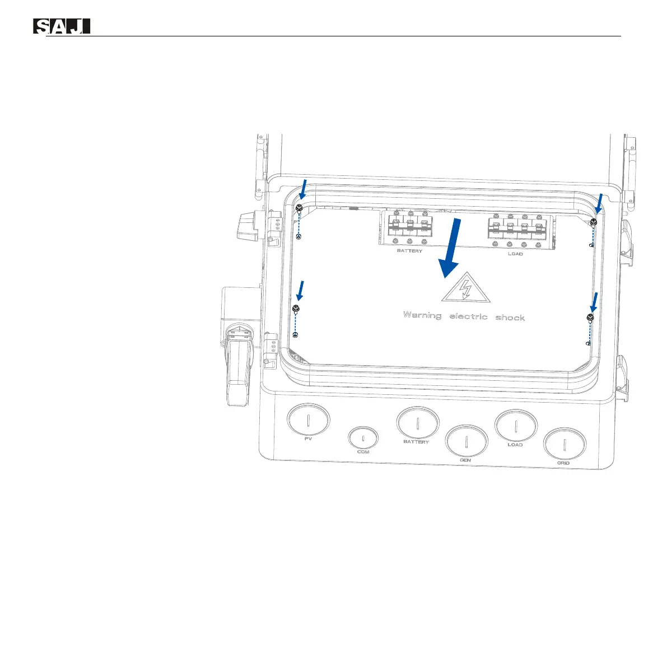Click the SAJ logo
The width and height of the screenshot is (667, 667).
pyautogui.click(x=62, y=26)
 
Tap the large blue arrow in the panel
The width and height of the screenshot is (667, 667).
pyautogui.click(x=452, y=248)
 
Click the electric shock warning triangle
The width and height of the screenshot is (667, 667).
pyautogui.click(x=464, y=290)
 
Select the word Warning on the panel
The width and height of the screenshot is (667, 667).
pyautogui.click(x=422, y=315)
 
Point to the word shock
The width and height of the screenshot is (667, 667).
pyautogui.click(x=510, y=318)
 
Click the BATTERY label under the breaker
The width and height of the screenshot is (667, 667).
pyautogui.click(x=409, y=251)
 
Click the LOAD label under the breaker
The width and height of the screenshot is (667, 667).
pyautogui.click(x=515, y=254)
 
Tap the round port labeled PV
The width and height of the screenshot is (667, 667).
pyautogui.click(x=309, y=420)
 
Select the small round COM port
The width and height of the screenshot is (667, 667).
pyautogui.click(x=363, y=439)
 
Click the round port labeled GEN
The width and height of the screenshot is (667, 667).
pyautogui.click(x=467, y=442)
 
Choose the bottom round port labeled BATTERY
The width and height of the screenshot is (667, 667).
pyautogui.click(x=417, y=423)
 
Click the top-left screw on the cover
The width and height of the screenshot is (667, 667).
pyautogui.click(x=299, y=208)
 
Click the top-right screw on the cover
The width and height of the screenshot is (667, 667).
pyautogui.click(x=594, y=222)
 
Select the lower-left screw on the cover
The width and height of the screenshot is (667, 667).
pyautogui.click(x=296, y=307)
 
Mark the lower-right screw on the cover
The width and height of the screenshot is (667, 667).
pyautogui.click(x=590, y=318)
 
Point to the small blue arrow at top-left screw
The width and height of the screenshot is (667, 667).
pyautogui.click(x=302, y=189)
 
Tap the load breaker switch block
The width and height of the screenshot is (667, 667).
pyautogui.click(x=517, y=229)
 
